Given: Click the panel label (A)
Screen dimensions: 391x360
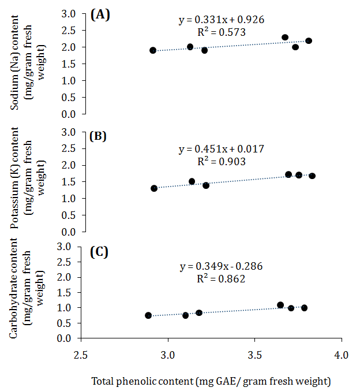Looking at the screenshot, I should [100, 15].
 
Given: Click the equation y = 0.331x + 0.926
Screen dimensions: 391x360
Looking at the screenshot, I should [222, 20].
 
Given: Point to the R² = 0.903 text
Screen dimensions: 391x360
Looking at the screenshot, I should [222, 161].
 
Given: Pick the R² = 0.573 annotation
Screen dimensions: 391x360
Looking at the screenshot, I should [222, 32].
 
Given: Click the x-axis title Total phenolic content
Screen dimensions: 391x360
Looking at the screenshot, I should [211, 381].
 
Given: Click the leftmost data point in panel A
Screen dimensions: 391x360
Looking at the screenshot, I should [153, 50].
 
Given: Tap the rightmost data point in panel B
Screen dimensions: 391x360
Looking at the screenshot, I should [312, 176].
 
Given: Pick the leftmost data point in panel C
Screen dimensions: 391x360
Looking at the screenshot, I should [148, 315].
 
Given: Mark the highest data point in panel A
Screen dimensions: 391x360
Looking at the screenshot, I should [285, 38].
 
